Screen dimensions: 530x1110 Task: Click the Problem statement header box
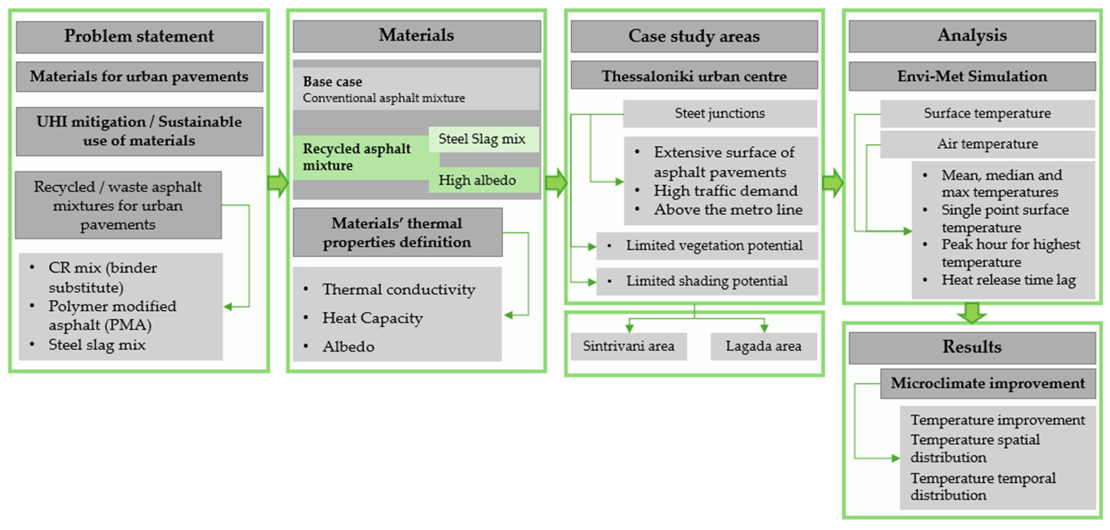pos(139,37)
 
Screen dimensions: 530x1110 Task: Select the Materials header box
pos(416,36)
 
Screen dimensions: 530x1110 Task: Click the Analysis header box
pos(972,36)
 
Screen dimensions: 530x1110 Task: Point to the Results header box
pos(972,347)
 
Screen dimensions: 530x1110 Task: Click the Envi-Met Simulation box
pos(972,76)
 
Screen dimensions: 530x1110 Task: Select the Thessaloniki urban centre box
pos(694,76)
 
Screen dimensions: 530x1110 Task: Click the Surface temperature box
pos(987,113)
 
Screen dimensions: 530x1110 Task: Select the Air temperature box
pos(987,144)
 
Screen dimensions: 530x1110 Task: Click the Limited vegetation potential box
pos(707,246)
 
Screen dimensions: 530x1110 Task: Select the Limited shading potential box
pos(707,281)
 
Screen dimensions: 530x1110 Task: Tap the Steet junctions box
pos(720,113)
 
